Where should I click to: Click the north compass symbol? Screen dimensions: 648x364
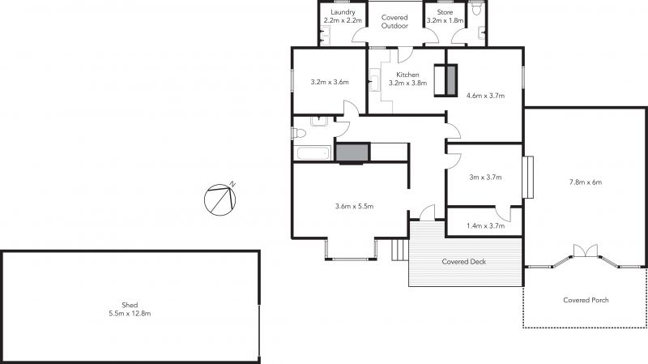tap(220, 199)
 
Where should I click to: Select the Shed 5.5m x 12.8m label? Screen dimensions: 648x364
tap(130, 309)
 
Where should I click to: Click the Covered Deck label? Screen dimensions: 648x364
tap(463, 261)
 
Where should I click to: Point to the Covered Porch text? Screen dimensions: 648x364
tap(586, 300)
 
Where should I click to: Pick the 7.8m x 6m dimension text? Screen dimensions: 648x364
tap(586, 182)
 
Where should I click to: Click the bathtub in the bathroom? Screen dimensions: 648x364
tap(313, 152)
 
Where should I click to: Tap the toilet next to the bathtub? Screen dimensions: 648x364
tap(298, 133)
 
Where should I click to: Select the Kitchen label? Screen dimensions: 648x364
tap(408, 75)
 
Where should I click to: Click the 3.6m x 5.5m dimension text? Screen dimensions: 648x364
tap(354, 206)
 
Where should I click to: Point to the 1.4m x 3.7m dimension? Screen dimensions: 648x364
tap(485, 226)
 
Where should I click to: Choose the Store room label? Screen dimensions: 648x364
tap(445, 12)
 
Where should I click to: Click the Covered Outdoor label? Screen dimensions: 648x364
tap(394, 22)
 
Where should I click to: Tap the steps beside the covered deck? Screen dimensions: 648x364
tap(399, 250)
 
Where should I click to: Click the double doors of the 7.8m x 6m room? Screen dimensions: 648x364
tap(586, 251)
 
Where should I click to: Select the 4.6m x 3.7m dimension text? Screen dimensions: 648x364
tap(485, 96)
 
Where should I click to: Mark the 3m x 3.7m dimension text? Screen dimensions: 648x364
tap(485, 177)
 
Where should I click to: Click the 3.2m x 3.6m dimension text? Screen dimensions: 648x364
tap(330, 82)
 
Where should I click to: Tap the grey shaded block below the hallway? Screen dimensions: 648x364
tap(352, 152)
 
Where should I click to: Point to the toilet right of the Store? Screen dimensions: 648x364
tap(476, 9)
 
